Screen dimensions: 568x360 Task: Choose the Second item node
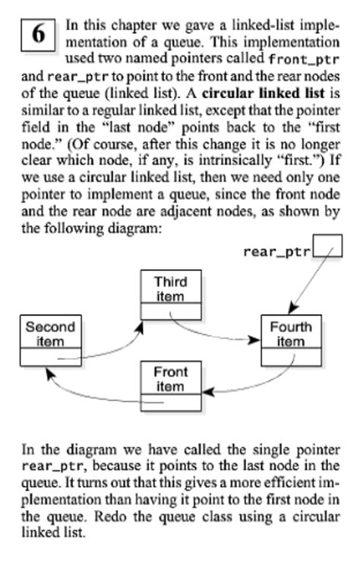(51, 340)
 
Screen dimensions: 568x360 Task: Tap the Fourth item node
(290, 340)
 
